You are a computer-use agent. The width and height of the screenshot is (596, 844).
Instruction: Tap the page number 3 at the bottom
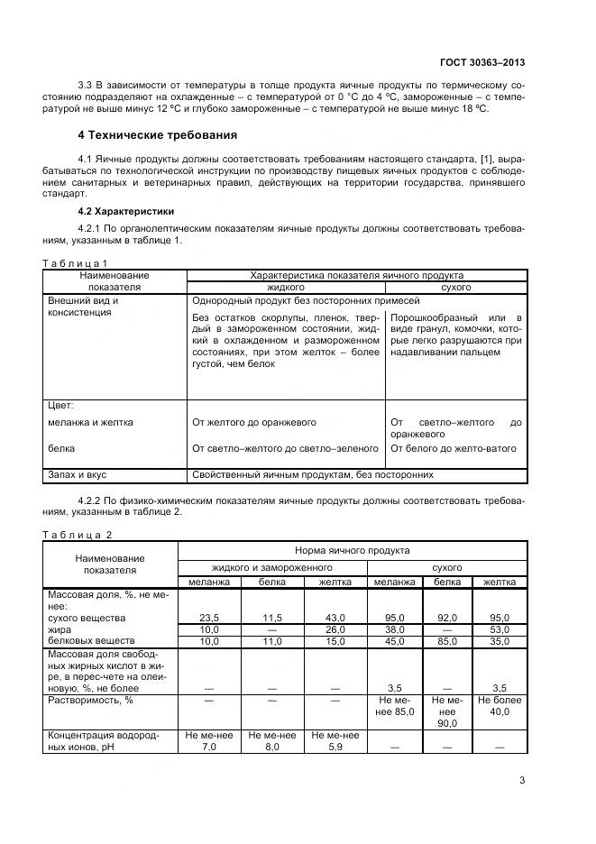(x=522, y=781)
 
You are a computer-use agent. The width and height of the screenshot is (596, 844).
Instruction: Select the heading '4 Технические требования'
(x=158, y=135)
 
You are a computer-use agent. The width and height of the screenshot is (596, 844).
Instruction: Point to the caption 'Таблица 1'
(x=77, y=262)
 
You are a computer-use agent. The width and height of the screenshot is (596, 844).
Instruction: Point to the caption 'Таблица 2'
(x=78, y=535)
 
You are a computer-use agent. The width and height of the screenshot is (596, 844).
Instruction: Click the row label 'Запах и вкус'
(x=78, y=473)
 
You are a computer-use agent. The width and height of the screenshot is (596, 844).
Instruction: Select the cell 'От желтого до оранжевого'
(x=254, y=421)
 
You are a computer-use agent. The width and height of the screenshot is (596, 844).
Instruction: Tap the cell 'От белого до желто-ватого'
(x=454, y=448)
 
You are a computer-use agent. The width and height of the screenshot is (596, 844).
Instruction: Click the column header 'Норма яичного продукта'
(x=353, y=549)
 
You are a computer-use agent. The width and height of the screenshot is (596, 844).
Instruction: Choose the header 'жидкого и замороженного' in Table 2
(x=271, y=568)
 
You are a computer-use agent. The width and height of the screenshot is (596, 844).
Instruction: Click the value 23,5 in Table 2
(x=209, y=617)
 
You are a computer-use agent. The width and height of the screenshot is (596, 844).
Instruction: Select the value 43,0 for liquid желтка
(x=335, y=617)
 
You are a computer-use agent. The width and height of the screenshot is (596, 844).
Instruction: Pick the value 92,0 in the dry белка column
(x=447, y=617)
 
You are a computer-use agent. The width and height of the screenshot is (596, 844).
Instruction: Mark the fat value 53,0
(x=500, y=628)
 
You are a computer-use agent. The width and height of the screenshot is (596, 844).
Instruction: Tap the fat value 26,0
(x=335, y=628)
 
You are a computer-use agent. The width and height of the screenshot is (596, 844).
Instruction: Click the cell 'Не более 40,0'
(x=500, y=705)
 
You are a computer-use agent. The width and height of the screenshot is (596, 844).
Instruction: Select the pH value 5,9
(x=335, y=748)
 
